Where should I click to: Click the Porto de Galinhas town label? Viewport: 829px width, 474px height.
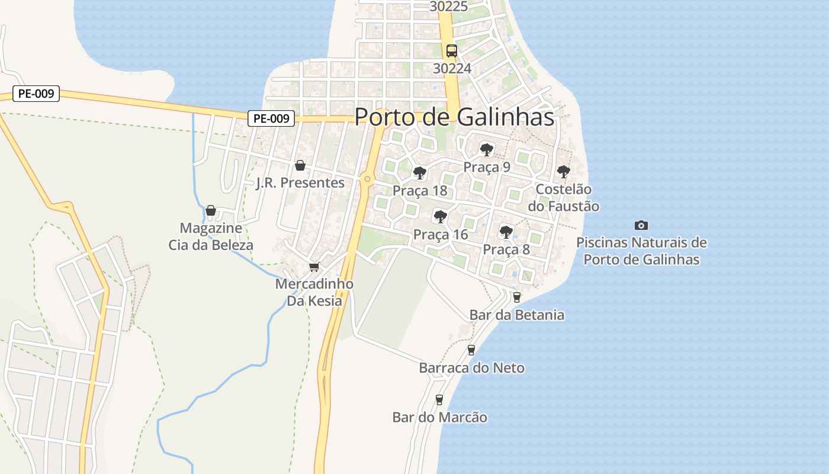click(454, 117)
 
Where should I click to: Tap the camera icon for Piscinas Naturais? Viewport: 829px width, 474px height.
click(641, 225)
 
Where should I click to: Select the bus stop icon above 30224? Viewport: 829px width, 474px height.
click(452, 51)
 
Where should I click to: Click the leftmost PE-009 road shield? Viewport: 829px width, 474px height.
click(36, 94)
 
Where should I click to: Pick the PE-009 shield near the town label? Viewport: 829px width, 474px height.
click(271, 118)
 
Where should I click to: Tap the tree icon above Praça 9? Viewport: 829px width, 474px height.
click(486, 149)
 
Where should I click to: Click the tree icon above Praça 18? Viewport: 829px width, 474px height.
click(420, 173)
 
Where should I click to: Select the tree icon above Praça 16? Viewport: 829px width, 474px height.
click(440, 216)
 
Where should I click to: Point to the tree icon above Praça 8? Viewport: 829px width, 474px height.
click(506, 232)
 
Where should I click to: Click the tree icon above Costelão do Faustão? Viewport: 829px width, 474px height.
click(563, 172)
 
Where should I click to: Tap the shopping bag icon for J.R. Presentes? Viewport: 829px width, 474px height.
click(300, 165)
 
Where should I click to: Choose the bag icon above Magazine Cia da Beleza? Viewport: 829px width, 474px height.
click(210, 210)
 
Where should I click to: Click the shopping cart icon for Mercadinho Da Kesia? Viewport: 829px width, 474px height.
click(314, 267)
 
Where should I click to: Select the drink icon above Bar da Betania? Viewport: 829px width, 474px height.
click(517, 297)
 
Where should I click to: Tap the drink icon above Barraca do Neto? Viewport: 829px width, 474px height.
click(471, 350)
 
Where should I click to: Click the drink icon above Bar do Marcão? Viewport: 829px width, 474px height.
click(439, 399)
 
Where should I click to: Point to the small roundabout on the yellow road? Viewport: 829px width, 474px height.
click(368, 178)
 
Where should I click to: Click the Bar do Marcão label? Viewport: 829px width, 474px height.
click(439, 417)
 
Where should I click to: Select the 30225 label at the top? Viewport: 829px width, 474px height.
click(449, 7)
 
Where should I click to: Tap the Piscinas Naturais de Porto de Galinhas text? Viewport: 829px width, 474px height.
click(641, 251)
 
